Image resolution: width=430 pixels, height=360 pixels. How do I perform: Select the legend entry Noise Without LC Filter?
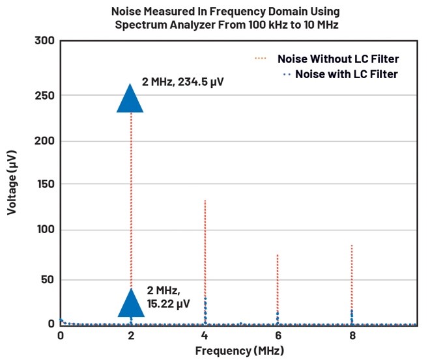336,58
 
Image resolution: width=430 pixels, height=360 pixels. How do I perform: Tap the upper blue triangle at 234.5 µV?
130,99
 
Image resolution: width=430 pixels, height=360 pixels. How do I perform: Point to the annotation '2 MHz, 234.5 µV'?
183,83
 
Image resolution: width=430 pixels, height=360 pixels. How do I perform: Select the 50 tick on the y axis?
46,280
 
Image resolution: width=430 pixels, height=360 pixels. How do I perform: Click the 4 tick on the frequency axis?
205,336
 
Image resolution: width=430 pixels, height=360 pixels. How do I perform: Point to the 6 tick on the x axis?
278,336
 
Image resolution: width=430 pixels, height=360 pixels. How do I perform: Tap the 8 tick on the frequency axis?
352,336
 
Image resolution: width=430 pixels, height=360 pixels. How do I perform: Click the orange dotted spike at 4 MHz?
205,247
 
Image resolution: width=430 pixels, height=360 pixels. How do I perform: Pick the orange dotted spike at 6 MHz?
278,280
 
